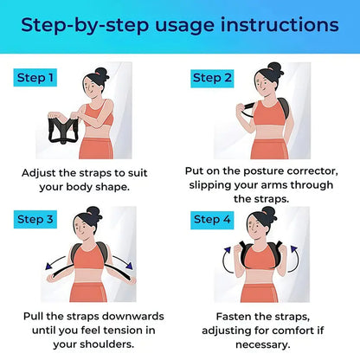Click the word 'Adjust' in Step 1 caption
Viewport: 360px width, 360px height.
pyautogui.click(x=43, y=172)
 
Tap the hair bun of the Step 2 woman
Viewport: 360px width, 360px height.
pyautogui.click(x=275, y=67)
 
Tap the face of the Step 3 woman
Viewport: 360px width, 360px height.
pyautogui.click(x=87, y=229)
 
